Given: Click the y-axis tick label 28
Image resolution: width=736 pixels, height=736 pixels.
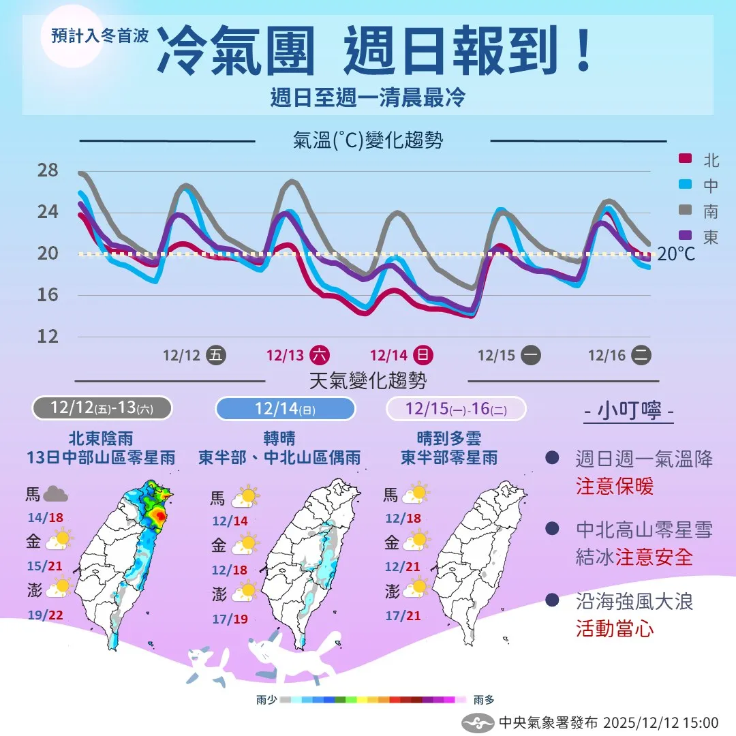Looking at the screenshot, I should pos(48,170).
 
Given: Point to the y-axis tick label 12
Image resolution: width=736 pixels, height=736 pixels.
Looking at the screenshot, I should pos(48,336).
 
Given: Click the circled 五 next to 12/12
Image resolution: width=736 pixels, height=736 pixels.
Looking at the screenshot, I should pos(216,355).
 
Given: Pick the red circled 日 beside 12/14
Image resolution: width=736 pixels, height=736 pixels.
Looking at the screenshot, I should pos(423,355).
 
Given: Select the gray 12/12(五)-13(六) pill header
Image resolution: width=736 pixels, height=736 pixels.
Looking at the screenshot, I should pos(102,408).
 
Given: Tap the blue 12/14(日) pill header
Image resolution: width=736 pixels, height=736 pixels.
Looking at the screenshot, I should pos(285,409).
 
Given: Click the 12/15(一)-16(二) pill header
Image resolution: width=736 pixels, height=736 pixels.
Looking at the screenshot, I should pos(456,409).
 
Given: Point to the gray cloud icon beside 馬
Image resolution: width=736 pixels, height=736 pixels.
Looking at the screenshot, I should pos(56,495).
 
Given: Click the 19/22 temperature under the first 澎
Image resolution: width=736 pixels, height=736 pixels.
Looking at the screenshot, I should pos(46,615).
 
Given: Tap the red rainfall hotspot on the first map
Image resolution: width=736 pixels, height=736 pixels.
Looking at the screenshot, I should pos(158,517).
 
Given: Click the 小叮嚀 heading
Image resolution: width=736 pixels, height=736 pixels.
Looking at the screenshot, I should pos(630,412).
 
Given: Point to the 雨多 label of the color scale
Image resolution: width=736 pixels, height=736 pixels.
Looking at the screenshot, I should pos(484,700).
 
